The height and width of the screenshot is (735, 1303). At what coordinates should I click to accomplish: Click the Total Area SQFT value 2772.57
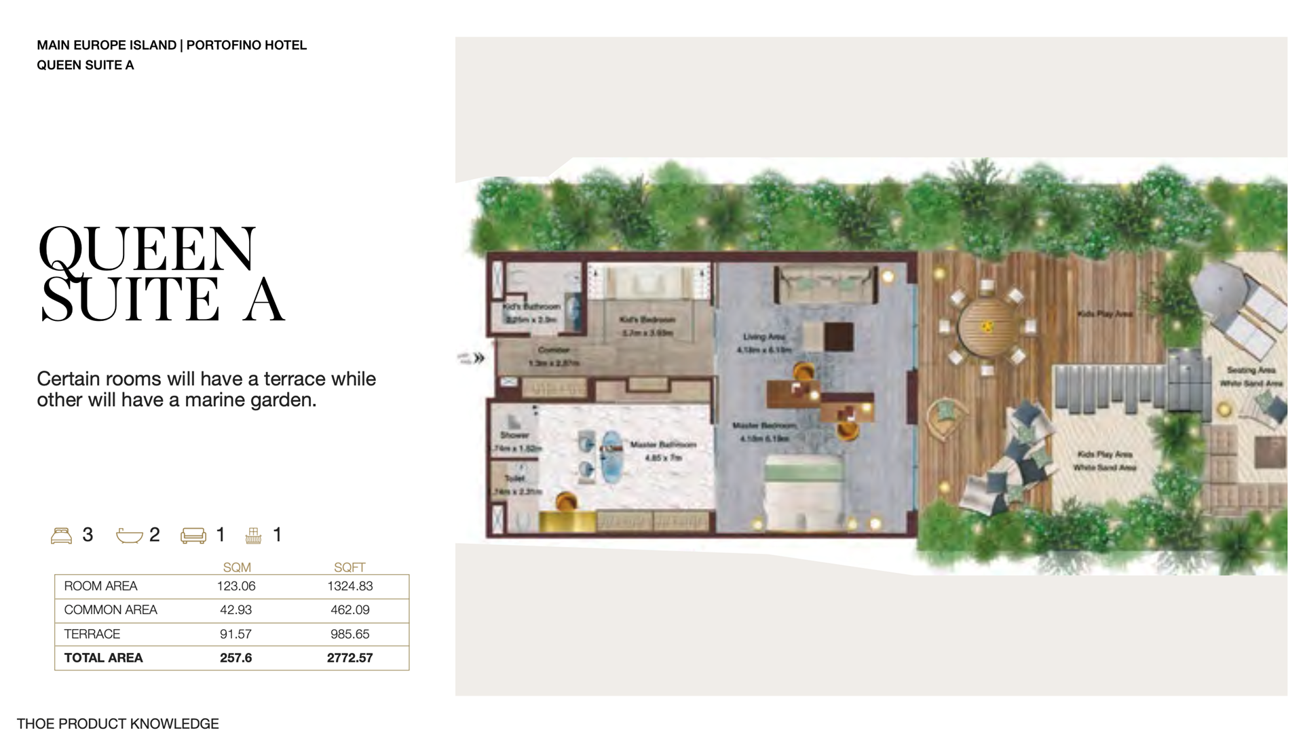[x=350, y=658]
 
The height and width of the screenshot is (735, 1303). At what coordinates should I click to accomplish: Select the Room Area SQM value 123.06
[x=236, y=586]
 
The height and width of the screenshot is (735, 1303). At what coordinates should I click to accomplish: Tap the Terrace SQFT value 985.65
[x=350, y=634]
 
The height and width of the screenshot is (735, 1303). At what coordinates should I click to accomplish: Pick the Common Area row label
[x=111, y=610]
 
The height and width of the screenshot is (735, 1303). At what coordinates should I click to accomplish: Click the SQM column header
[x=237, y=567]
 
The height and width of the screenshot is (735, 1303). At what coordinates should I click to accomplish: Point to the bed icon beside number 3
[x=62, y=535]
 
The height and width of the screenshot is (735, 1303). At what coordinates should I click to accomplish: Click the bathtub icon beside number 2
[x=129, y=536]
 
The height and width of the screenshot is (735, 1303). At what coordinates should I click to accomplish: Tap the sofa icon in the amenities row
[x=193, y=536]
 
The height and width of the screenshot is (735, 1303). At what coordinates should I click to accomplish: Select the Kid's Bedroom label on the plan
[x=647, y=320]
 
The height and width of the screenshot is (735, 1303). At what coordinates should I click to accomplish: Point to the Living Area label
[x=763, y=337]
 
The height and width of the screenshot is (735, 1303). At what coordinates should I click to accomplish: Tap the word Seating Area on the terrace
[x=1251, y=371]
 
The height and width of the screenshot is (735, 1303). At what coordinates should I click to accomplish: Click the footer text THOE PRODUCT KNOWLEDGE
[x=118, y=724]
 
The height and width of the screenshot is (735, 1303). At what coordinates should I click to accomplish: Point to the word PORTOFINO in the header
[x=223, y=45]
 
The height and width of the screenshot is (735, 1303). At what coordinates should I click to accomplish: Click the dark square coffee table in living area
[x=838, y=336]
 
